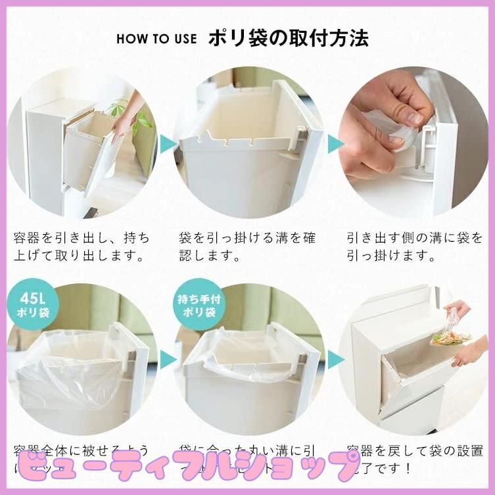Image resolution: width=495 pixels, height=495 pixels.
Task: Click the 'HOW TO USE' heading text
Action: (x=156, y=38)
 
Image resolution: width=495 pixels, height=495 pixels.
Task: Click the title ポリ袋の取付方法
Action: (x=288, y=37)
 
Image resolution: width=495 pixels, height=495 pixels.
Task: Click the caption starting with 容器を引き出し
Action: (x=82, y=245)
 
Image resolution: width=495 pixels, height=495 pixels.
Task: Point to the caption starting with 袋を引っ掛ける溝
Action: (x=247, y=245)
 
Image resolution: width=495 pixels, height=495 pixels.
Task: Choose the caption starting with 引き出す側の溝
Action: (x=414, y=245)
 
